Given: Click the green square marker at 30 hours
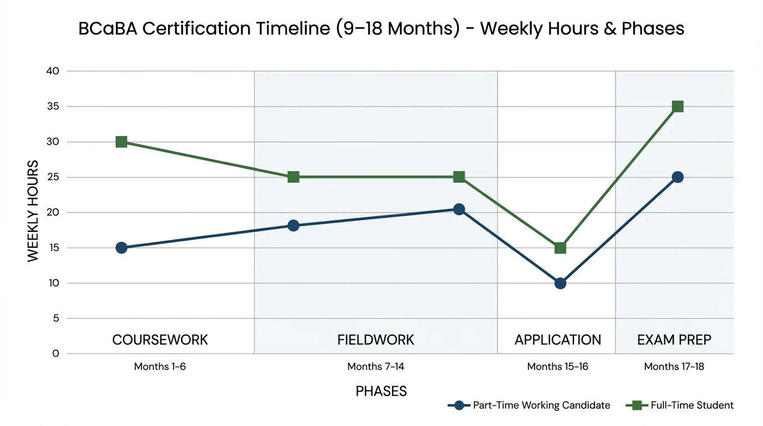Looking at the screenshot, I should point(121,142).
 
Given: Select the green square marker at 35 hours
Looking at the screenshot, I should point(677,106).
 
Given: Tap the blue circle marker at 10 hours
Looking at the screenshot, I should point(560,283).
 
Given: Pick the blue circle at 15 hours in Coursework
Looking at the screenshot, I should point(121,247).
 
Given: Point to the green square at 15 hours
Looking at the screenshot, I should point(560,247).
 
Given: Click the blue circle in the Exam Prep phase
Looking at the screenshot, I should point(677,177).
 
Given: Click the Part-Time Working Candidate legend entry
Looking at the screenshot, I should point(529,405).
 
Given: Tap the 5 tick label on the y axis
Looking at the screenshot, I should point(55,318).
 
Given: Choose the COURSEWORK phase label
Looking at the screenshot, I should point(160,339).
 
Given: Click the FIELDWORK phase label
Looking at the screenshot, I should point(375,339).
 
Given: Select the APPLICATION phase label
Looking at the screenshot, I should point(557,339).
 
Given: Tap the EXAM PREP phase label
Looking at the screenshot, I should point(674,339).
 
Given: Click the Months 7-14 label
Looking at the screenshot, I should point(375,367).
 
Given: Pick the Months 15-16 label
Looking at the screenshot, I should point(557,367).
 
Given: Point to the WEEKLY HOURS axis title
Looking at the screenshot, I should point(33,211).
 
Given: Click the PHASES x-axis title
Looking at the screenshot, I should point(381,391).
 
